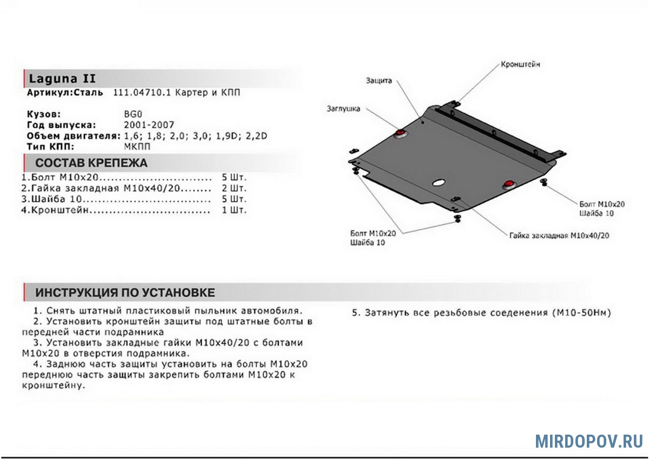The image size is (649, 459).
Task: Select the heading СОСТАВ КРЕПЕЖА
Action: pyautogui.click(x=91, y=163)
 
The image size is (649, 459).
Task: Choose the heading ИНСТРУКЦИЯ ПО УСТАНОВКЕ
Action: pyautogui.click(x=125, y=293)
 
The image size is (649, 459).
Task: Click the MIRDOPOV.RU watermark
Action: pyautogui.click(x=589, y=441)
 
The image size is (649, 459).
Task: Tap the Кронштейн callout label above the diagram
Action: pyautogui.click(x=519, y=64)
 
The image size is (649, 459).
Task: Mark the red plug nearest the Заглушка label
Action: pyautogui.click(x=400, y=133)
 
